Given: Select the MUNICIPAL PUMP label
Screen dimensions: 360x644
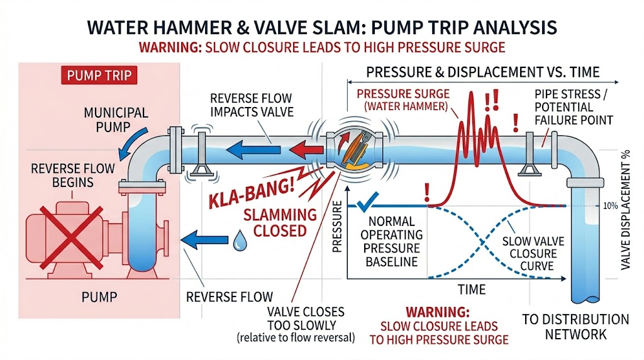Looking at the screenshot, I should point(116,121).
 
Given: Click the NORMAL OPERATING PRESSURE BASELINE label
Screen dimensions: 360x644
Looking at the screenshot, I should point(392,242).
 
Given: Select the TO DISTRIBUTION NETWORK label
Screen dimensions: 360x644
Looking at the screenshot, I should point(575,327).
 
